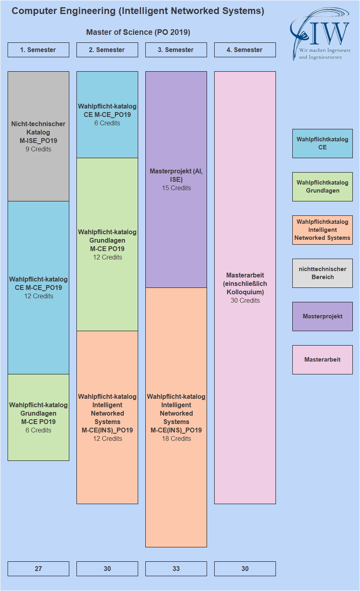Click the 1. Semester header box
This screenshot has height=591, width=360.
pyautogui.click(x=38, y=50)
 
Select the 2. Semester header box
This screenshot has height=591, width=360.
pyautogui.click(x=107, y=50)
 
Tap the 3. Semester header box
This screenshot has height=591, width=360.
pyautogui.click(x=176, y=50)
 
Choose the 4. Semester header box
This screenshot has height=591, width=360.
pyautogui.click(x=245, y=50)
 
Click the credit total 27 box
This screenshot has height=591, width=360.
pyautogui.click(x=38, y=569)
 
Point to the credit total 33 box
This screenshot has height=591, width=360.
pyautogui.click(x=176, y=569)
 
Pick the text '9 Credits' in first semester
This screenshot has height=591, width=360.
pyautogui.click(x=38, y=149)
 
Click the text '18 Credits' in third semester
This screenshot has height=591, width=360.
pyautogui.click(x=176, y=439)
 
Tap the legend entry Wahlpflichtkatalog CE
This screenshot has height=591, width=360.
pyautogui.click(x=322, y=143)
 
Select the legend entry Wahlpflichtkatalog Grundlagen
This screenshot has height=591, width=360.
pyautogui.click(x=322, y=187)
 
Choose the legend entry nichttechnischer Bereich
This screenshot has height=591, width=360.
pyautogui.click(x=322, y=273)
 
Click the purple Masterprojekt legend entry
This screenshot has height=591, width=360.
pyautogui.click(x=322, y=316)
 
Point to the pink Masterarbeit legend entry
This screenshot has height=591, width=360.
pyautogui.click(x=322, y=360)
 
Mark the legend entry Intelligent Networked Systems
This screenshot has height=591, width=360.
pyautogui.click(x=322, y=230)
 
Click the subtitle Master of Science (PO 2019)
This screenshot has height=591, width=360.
pyautogui.click(x=138, y=32)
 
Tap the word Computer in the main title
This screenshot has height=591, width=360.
pyautogui.click(x=34, y=11)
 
